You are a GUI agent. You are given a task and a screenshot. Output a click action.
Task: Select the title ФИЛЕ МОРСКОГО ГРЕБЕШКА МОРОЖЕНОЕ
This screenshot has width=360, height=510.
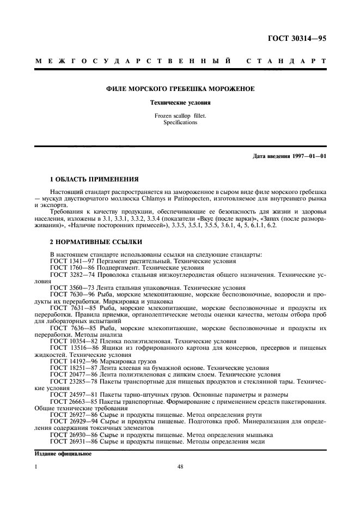(180, 89)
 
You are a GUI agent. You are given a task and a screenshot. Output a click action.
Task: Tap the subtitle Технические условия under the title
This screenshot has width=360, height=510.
(180, 102)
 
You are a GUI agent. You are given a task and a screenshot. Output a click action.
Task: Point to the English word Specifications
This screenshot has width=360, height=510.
(180, 123)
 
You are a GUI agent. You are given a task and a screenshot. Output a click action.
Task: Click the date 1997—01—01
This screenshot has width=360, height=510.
(311, 157)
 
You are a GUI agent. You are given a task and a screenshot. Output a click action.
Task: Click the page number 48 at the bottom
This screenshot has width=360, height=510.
(180, 466)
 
